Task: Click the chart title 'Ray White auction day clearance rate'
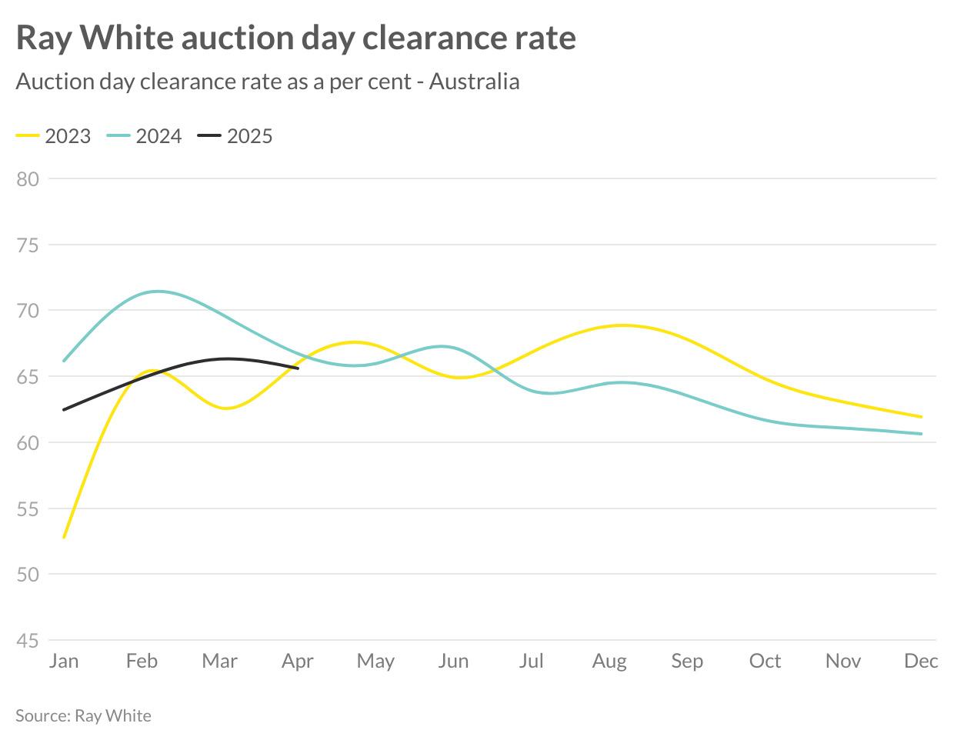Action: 295,38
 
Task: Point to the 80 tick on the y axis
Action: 28,179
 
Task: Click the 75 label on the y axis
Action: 28,245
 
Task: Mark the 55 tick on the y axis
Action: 28,509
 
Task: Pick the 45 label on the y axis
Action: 28,641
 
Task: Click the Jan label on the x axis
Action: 64,661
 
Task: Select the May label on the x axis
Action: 375,661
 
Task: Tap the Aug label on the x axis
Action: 609,661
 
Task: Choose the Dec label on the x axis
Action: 921,661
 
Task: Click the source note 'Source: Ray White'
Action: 83,715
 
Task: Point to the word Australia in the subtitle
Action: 474,82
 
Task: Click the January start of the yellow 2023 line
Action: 64,537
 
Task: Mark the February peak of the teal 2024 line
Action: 157,292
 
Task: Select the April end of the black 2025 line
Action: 298,368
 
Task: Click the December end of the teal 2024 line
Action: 921,434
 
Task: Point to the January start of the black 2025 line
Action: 64,409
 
